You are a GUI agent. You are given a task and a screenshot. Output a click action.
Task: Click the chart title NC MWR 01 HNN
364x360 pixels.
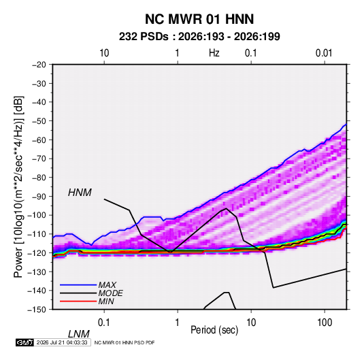199,19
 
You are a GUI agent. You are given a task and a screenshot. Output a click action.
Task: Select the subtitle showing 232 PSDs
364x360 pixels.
199,37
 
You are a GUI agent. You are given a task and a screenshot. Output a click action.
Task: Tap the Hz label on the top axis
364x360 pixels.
214,53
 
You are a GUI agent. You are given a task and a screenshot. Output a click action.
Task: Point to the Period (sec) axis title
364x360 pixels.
214,330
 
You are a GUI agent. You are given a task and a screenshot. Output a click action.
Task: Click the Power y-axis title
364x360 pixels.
18,187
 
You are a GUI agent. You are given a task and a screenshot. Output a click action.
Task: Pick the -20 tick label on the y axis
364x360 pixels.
39,65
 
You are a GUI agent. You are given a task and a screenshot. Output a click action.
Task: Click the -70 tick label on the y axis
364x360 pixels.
39,159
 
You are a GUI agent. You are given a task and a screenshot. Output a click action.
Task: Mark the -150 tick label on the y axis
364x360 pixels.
37,310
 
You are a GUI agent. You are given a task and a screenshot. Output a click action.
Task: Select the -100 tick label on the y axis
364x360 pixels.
37,215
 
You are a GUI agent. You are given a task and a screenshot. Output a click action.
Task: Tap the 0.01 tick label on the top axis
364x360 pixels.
324,53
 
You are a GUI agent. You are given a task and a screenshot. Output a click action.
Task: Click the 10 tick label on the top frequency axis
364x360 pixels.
104,53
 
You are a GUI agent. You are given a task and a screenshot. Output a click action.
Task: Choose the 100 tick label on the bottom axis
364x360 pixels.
325,323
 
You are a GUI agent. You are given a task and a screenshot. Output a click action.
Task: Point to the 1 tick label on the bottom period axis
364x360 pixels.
178,323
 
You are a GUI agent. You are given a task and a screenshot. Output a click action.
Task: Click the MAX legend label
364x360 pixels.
107,284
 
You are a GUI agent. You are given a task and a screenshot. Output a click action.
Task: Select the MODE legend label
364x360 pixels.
110,293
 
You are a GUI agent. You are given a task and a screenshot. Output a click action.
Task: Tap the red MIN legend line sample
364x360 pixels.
78,301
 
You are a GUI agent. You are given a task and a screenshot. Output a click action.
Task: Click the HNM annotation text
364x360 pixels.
80,193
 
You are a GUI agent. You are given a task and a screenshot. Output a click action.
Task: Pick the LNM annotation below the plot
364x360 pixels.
79,334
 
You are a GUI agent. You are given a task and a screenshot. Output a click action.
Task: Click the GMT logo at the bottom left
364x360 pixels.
25,342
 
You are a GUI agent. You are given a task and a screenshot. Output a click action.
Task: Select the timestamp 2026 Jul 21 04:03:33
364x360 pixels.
62,342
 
